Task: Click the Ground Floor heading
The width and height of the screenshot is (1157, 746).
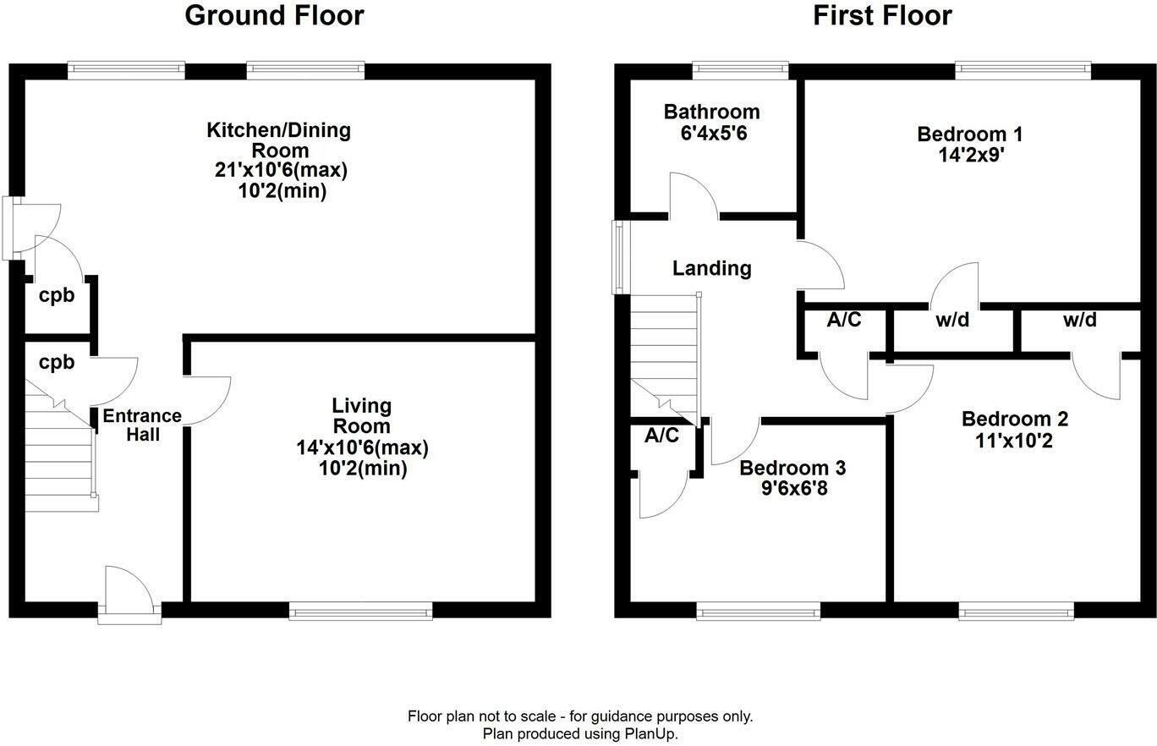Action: (x=274, y=15)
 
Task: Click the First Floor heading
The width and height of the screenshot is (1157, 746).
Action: (x=882, y=15)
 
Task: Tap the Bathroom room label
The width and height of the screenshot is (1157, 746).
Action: (x=712, y=112)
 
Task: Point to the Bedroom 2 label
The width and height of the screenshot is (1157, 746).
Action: (x=1014, y=419)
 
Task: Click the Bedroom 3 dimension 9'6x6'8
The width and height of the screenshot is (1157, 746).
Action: (x=794, y=488)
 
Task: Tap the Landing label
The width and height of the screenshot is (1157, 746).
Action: (x=712, y=269)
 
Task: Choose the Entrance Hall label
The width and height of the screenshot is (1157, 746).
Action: (x=142, y=425)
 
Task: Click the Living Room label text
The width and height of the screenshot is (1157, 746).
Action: (x=362, y=416)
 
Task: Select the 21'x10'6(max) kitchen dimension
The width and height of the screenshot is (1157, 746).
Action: (x=281, y=170)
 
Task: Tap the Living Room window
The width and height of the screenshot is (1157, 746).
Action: (x=360, y=611)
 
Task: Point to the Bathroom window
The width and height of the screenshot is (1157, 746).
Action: (x=741, y=71)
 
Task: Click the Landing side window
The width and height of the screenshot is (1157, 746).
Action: (x=622, y=257)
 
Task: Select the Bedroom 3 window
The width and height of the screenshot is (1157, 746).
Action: (x=759, y=611)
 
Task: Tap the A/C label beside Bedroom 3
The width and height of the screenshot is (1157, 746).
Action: (x=661, y=436)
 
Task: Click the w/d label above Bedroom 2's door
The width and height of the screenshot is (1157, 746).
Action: (x=1079, y=320)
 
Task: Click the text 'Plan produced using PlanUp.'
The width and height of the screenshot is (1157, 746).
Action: (x=580, y=733)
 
